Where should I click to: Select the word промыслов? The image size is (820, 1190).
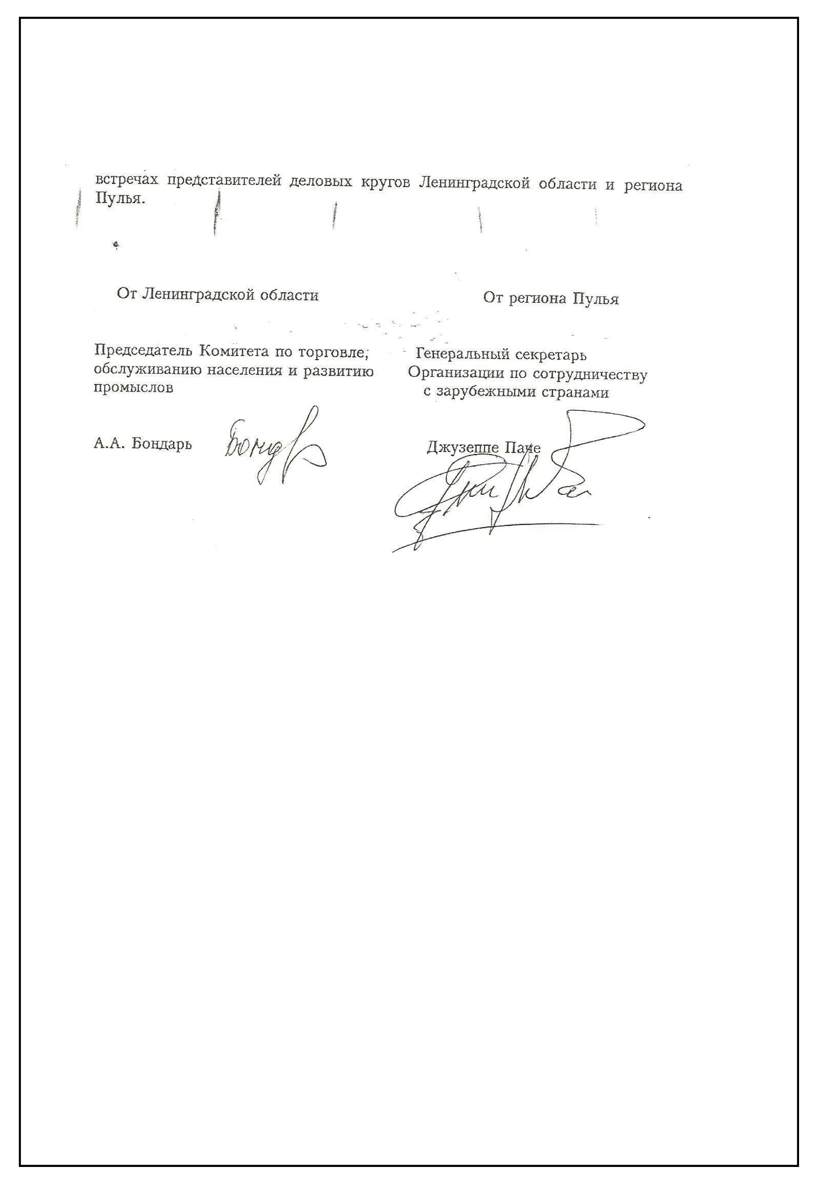(133, 388)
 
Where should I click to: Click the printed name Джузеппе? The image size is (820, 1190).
(463, 448)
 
